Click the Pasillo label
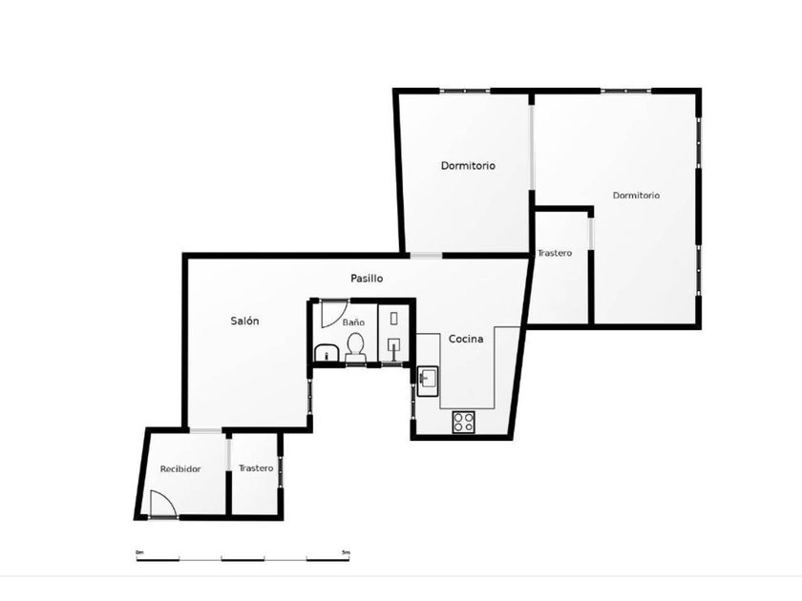(367, 279)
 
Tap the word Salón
(244, 321)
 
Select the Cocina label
(466, 339)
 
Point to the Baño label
(353, 322)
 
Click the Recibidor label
(180, 469)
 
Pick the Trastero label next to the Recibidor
(256, 468)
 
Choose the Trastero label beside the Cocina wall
(555, 253)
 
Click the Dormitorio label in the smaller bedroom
(468, 166)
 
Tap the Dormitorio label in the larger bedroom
(636, 196)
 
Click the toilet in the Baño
(355, 347)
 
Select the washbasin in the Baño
(327, 353)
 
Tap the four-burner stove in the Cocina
(463, 422)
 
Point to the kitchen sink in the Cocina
(428, 382)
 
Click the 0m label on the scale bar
(139, 552)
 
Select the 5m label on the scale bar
(346, 552)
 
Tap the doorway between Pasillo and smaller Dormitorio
(426, 256)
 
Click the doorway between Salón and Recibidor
(205, 431)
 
